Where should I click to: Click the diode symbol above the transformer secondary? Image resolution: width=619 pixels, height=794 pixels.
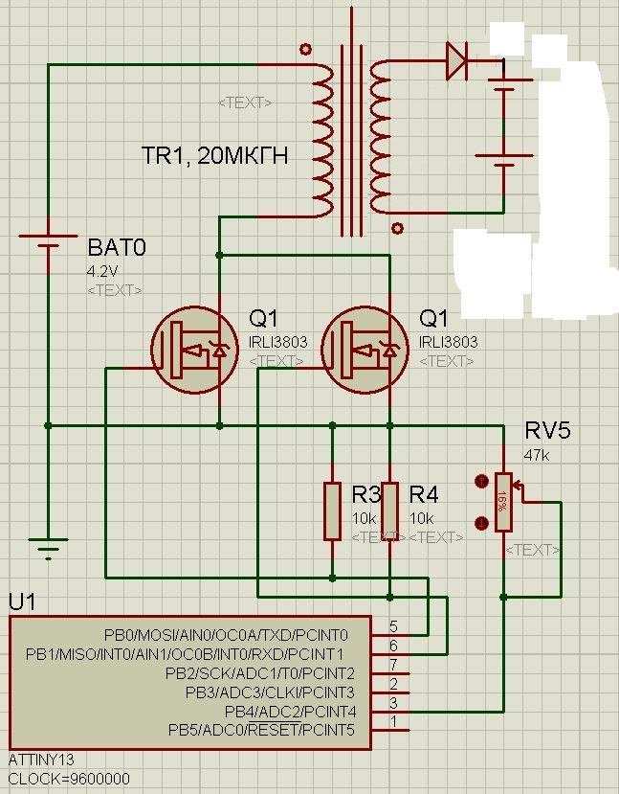pos(456,63)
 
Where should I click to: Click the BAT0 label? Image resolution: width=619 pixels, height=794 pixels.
pos(117,248)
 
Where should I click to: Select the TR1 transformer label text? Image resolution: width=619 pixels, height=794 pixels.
pos(214,156)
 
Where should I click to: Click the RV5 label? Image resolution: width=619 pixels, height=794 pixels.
pos(547,431)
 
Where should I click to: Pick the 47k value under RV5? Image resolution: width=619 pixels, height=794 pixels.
pos(537,456)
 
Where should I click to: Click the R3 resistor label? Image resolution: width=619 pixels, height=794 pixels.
pos(366,494)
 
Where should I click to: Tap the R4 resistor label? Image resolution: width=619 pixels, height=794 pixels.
pos(424,494)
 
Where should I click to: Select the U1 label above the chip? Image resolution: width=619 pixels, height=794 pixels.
pos(22,602)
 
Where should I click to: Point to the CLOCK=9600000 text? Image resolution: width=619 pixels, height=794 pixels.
pos(68,779)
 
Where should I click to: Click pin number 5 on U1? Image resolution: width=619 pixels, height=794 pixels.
pos(393,627)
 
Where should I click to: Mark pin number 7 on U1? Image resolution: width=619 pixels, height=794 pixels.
pos(393,666)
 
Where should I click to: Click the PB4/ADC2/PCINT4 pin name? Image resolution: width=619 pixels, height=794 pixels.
pos(290,712)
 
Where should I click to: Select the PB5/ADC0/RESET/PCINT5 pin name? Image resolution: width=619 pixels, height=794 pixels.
pos(261,731)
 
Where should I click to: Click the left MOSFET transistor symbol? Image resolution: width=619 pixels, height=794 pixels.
pos(194,351)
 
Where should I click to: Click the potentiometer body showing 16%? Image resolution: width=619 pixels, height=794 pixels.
pos(501,501)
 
